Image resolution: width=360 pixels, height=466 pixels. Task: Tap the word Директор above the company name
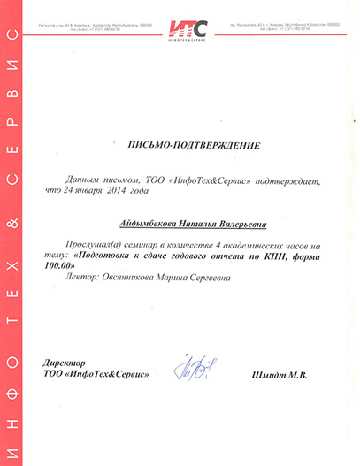67,362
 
